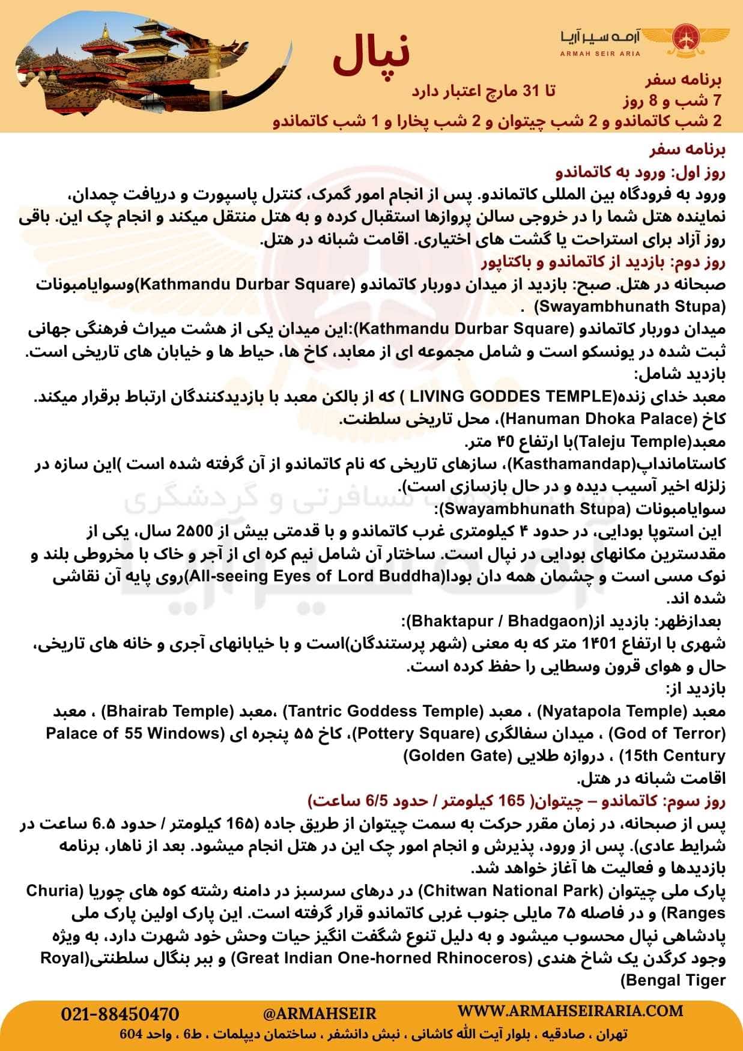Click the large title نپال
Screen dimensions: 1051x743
coord(371,57)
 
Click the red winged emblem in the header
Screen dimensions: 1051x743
coord(685,37)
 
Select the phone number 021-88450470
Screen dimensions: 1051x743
coord(120,1014)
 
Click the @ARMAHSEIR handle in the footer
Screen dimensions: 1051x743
coord(320,1014)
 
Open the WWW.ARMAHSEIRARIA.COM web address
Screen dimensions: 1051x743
coord(571,1011)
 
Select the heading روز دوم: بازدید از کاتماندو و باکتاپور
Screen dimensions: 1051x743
coord(603,262)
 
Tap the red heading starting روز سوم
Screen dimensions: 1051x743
coord(517,801)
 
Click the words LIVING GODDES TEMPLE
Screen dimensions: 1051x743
coord(510,397)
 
